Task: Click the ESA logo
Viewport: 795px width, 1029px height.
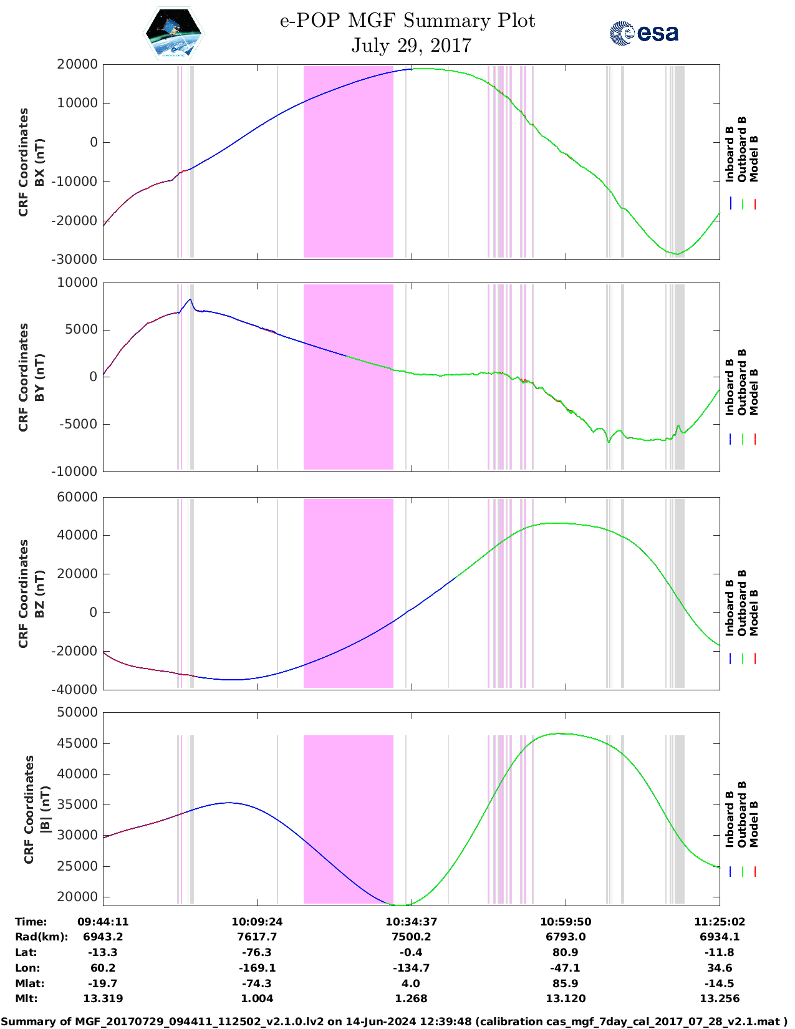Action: [643, 33]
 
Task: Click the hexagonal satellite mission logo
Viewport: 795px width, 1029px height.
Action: [174, 34]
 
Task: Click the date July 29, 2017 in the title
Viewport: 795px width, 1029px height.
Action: [411, 46]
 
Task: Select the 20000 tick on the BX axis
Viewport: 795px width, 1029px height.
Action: [77, 64]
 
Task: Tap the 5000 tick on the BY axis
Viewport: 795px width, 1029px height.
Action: [83, 330]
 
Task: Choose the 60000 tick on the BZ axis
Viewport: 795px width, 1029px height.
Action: [77, 497]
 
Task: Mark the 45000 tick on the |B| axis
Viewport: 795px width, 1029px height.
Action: [77, 743]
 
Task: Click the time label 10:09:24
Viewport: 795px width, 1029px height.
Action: [257, 922]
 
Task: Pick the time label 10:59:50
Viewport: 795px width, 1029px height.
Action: [566, 922]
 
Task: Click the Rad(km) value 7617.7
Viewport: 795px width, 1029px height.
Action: [257, 937]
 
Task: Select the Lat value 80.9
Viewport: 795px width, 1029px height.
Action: [566, 952]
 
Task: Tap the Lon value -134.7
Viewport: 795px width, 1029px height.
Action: [411, 968]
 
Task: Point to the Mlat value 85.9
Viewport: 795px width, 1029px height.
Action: [566, 983]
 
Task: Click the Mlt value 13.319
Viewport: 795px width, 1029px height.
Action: [103, 998]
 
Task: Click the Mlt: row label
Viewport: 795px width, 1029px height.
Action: [26, 998]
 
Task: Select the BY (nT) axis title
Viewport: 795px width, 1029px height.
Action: [39, 377]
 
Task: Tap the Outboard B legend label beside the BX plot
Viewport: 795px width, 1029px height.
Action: [742, 150]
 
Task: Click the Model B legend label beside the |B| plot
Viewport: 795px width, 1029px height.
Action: [754, 824]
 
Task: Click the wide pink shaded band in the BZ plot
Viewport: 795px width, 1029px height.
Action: [348, 593]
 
